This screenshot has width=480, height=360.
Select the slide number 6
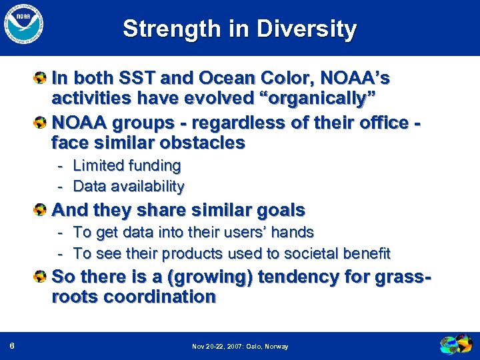click(13, 346)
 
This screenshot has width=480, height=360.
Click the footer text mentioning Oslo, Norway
click(240, 347)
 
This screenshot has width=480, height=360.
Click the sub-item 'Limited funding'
click(127, 165)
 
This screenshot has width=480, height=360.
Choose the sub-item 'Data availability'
click(128, 186)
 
